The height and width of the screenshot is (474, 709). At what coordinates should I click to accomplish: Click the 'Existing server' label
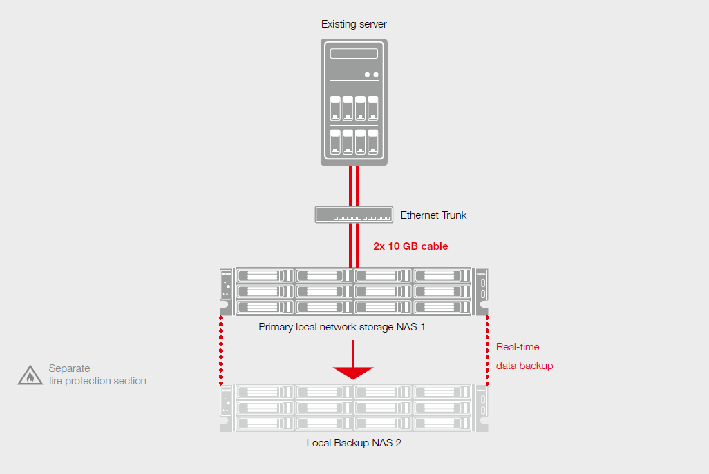(354, 25)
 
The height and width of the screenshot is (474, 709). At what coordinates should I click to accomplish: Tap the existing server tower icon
(354, 102)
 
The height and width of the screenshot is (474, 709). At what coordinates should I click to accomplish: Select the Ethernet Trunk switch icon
(354, 215)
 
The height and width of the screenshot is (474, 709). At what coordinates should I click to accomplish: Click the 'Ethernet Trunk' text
(433, 215)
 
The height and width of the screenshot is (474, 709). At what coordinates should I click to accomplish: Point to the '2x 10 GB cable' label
(410, 246)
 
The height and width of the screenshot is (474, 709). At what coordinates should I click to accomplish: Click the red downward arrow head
(353, 373)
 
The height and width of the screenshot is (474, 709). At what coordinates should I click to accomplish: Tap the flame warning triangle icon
(29, 375)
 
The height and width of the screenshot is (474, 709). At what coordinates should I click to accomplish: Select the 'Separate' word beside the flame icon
(69, 368)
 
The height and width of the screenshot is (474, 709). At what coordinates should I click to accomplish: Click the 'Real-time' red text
(518, 347)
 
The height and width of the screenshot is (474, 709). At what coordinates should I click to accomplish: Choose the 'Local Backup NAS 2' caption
(354, 443)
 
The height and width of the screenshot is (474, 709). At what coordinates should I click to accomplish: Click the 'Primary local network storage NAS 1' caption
(341, 326)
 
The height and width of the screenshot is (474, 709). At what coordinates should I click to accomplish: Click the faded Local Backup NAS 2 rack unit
(354, 408)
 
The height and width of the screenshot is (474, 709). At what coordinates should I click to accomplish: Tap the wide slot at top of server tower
(354, 54)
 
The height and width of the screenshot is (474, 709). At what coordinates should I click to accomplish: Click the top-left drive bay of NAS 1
(265, 276)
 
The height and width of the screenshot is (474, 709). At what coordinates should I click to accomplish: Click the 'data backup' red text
(524, 366)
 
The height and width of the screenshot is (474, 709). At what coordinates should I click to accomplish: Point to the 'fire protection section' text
(97, 381)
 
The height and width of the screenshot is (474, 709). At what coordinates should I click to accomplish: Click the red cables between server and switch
(354, 186)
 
